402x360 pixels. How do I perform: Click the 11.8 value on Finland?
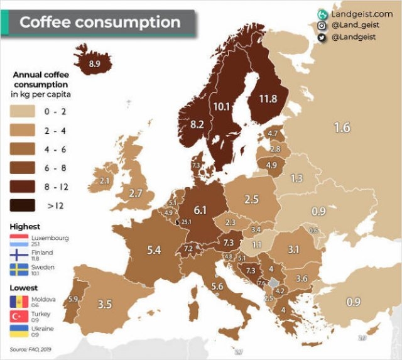pyautogui.click(x=268, y=99)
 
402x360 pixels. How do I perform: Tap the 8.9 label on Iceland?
pyautogui.click(x=94, y=63)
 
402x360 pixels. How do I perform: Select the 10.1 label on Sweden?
pyautogui.click(x=221, y=106)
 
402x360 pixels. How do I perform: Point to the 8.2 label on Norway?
pyautogui.click(x=197, y=124)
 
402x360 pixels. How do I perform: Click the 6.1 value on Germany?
pyautogui.click(x=200, y=210)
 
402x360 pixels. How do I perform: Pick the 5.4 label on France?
pyautogui.click(x=153, y=250)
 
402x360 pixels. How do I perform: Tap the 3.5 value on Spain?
pyautogui.click(x=105, y=304)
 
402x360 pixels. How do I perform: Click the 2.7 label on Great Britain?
pyautogui.click(x=136, y=194)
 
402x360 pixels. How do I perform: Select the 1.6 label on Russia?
pyautogui.click(x=342, y=128)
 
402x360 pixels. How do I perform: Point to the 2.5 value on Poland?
pyautogui.click(x=251, y=199)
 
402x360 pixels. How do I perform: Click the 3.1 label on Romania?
pyautogui.click(x=293, y=249)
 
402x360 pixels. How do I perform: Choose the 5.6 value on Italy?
pyautogui.click(x=217, y=286)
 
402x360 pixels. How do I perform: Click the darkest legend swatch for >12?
pyautogui.click(x=22, y=205)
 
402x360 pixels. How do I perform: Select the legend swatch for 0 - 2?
pyautogui.click(x=22, y=111)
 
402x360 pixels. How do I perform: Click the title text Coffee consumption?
pyautogui.click(x=99, y=22)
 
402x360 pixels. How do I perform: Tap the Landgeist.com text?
pyautogui.click(x=361, y=14)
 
